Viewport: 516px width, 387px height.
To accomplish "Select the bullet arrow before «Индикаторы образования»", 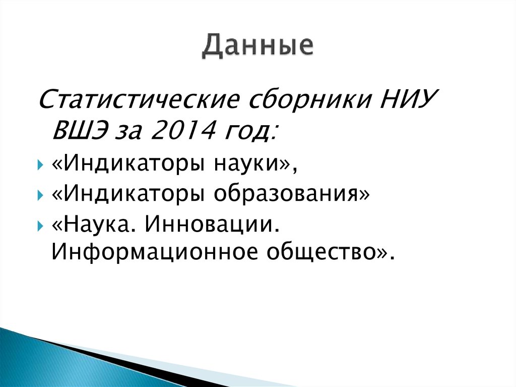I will (40, 195).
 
